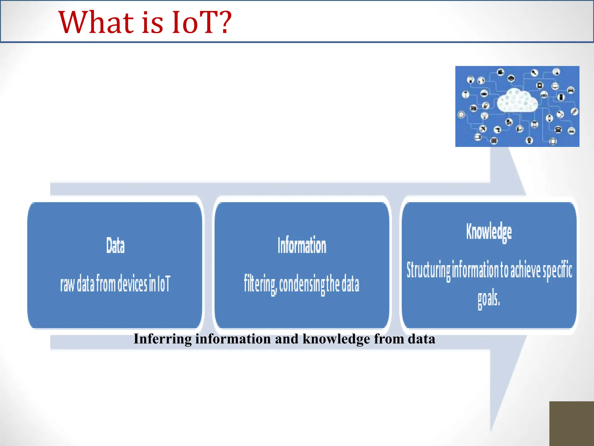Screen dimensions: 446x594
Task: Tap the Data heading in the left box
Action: [115, 246]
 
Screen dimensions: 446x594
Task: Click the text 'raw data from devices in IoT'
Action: [115, 283]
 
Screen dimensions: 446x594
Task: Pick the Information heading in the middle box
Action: [302, 246]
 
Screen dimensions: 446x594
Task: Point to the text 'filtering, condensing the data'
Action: [301, 284]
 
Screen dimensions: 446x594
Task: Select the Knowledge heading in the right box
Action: [489, 232]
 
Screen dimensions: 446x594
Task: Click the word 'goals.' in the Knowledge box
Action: [489, 298]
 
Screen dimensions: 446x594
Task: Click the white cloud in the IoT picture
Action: [517, 100]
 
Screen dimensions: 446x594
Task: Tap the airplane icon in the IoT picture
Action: [483, 129]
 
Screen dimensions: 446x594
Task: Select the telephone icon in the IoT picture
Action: [558, 130]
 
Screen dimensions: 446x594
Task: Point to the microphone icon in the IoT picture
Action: [535, 73]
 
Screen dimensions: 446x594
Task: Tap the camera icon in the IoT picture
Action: [474, 108]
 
